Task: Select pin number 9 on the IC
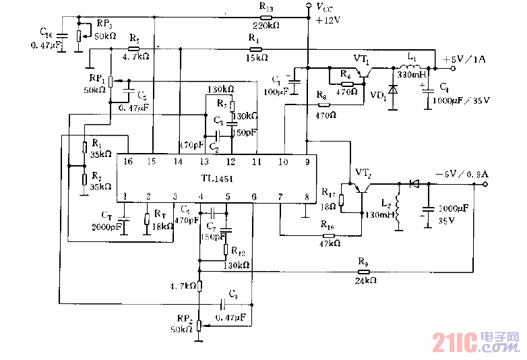pos(307,162)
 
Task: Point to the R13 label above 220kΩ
pos(266,7)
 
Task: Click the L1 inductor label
pos(411,59)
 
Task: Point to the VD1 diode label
pos(378,96)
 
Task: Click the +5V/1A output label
pos(464,59)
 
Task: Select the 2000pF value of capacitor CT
pos(106,227)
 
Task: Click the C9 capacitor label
pos(233,294)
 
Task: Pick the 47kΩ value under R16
pos(330,243)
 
